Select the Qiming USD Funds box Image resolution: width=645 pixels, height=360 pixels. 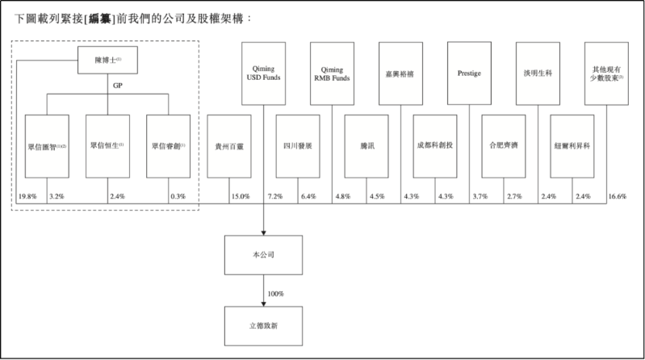click(264, 74)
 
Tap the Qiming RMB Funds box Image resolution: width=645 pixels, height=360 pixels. click(332, 74)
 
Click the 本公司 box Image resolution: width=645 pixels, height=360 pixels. click(264, 253)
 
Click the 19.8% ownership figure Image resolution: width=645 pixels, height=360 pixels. click(27, 196)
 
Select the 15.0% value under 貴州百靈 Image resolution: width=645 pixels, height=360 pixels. click(240, 196)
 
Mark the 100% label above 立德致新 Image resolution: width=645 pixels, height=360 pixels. click(275, 293)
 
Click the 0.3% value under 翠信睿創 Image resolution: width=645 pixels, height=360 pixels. click(178, 196)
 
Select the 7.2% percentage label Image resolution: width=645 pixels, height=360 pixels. click(274, 196)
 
